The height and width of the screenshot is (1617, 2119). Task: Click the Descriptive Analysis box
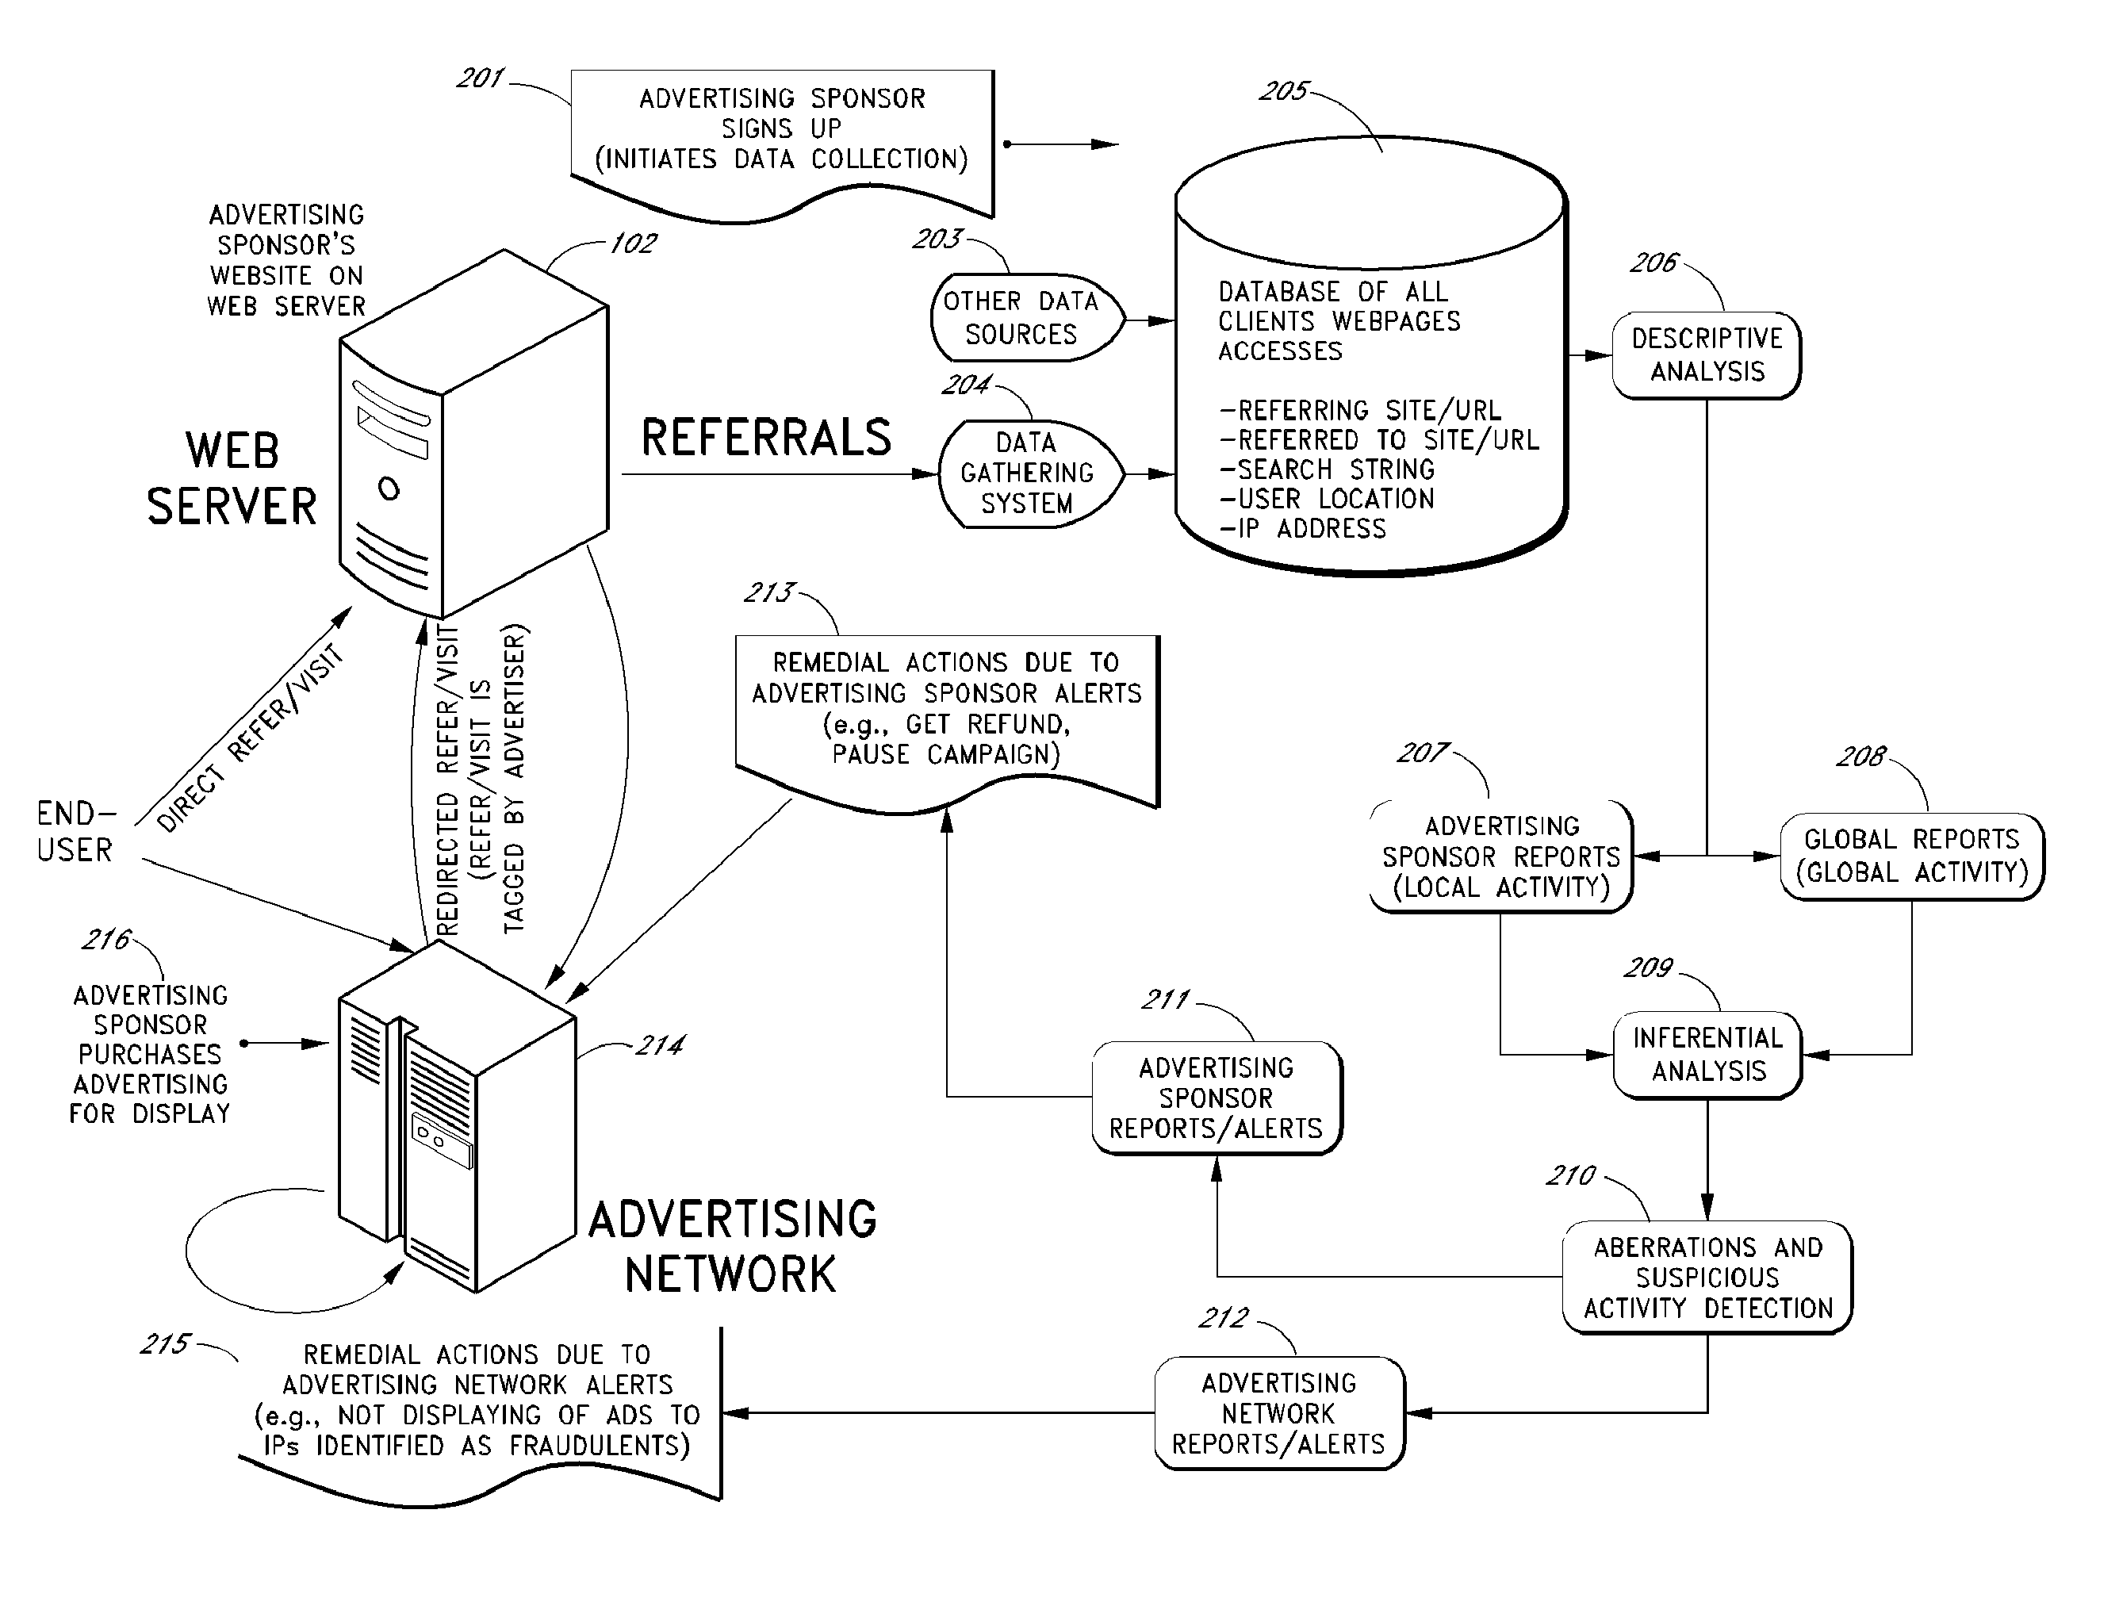(x=1706, y=355)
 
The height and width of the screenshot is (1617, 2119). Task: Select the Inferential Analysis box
(x=1708, y=1054)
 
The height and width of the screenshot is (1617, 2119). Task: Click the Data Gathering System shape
(x=1027, y=473)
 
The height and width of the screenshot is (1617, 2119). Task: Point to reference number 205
(x=1284, y=91)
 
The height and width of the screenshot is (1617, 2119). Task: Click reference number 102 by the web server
(x=633, y=243)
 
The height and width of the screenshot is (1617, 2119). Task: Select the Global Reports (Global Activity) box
(x=1911, y=856)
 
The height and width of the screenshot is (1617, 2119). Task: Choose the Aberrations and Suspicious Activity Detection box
(x=1708, y=1278)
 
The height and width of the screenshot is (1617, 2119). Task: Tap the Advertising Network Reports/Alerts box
(x=1279, y=1413)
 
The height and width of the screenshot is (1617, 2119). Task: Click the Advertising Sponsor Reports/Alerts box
(x=1217, y=1098)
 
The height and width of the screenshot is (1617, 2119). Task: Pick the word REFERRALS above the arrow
(x=766, y=438)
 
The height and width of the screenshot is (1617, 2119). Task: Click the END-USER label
(x=75, y=832)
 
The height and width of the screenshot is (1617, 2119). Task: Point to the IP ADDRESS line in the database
(x=1303, y=528)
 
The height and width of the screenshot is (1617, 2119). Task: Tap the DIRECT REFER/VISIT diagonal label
(x=250, y=738)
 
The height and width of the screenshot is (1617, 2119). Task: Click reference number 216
(x=105, y=940)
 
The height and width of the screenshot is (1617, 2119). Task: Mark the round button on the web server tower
(x=389, y=489)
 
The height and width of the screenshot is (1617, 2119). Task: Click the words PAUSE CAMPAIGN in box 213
(x=945, y=755)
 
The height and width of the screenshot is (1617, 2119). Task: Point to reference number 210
(x=1570, y=1175)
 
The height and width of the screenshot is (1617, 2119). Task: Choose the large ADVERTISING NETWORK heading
(x=732, y=1247)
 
